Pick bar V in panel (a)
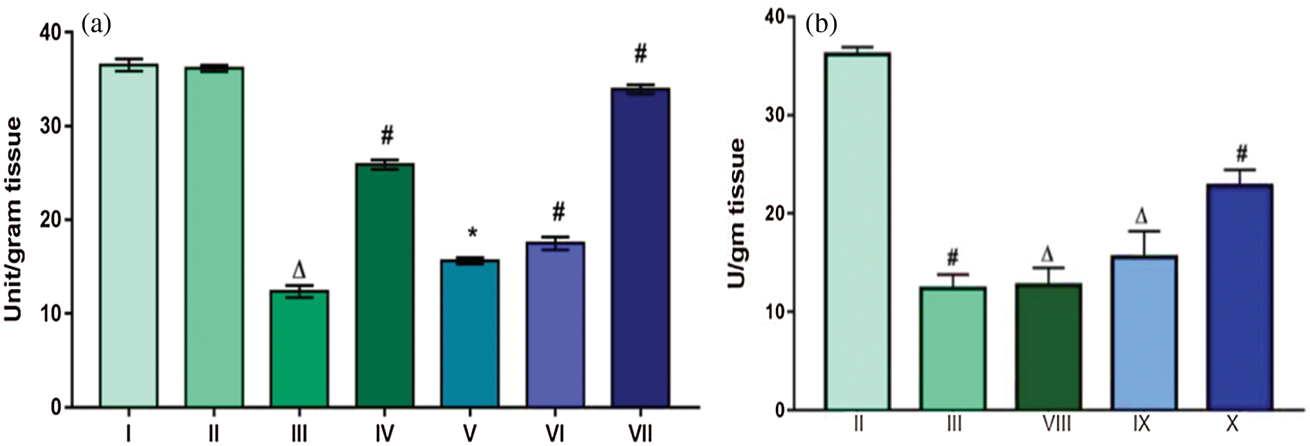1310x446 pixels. pos(470,333)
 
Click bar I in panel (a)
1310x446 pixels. pos(129,236)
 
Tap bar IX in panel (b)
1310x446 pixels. pos(1144,333)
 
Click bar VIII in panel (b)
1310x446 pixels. pos(1048,346)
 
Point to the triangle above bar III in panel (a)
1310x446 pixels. pos(299,271)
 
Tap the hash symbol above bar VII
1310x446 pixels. pos(641,53)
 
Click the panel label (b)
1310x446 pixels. pos(821,25)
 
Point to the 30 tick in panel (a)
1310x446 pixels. pos(50,126)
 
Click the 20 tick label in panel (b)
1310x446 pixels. pos(777,214)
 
